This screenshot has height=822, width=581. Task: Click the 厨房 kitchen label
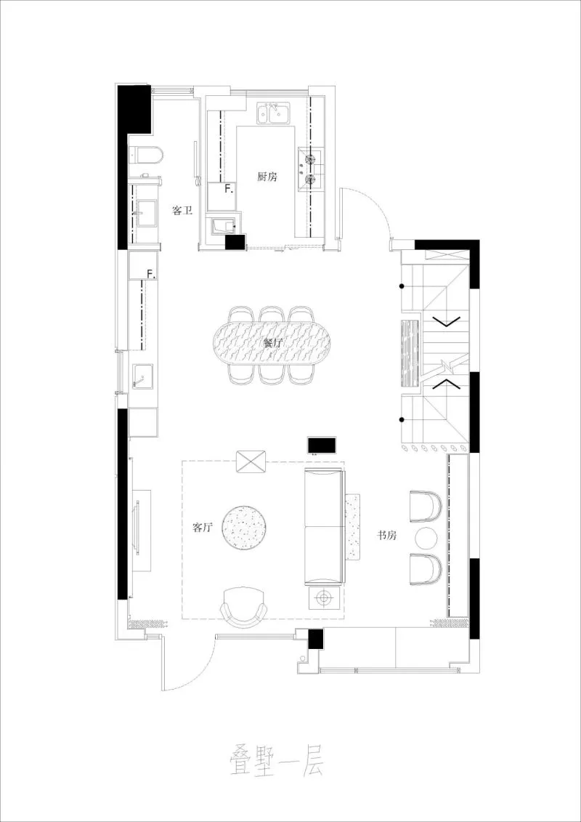[267, 177]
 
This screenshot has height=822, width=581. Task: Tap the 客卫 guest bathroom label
[182, 211]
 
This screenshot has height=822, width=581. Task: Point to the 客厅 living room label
[202, 528]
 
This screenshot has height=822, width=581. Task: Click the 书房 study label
[386, 535]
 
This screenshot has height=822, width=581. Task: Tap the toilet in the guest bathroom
[147, 154]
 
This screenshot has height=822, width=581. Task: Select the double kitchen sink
[272, 113]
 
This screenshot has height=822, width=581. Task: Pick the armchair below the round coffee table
[245, 606]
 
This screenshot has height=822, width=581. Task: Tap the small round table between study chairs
[426, 539]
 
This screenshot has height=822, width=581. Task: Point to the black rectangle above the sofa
[321, 444]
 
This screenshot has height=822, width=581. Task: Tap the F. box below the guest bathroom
[150, 274]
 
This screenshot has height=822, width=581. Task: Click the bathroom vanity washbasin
[147, 214]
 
